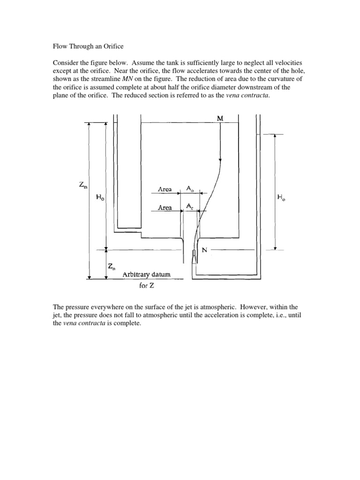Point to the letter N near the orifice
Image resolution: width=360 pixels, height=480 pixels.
(x=204, y=250)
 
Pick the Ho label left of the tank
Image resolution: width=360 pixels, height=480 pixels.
(x=100, y=198)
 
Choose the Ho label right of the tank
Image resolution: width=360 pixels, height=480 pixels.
(x=281, y=198)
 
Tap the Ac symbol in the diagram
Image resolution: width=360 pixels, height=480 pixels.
(x=189, y=207)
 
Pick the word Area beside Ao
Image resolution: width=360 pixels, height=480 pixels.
(x=165, y=190)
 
